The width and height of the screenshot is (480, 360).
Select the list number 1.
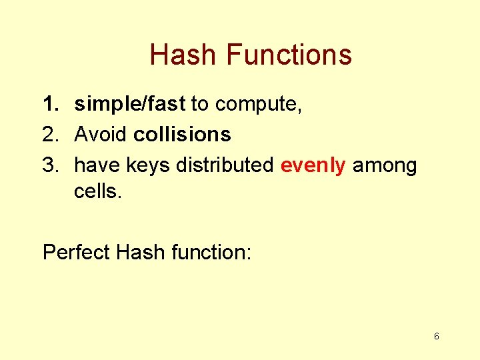[51, 103]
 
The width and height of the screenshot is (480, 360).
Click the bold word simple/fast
[130, 104]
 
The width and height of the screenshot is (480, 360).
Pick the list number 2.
[51, 134]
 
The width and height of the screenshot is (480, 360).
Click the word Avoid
[100, 134]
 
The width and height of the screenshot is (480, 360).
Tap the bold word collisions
[182, 134]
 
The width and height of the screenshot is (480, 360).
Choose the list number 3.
[51, 165]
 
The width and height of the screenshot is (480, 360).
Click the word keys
[148, 166]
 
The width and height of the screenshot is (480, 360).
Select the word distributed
[225, 165]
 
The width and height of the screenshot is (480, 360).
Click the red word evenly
[313, 166]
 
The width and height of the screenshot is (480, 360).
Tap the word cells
[97, 191]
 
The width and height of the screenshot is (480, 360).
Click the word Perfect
[76, 252]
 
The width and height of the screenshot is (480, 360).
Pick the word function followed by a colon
[211, 252]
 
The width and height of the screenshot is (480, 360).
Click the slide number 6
[437, 336]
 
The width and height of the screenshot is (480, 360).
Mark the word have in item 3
[97, 165]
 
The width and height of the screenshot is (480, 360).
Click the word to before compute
[199, 104]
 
